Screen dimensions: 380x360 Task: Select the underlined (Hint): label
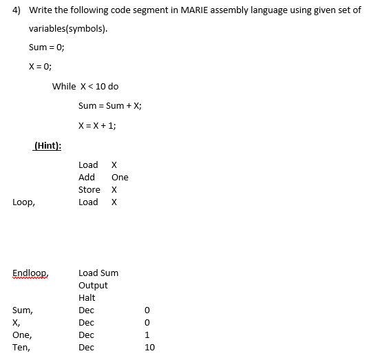(47, 146)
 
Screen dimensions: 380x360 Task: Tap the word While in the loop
(64, 87)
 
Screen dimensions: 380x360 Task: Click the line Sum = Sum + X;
(110, 106)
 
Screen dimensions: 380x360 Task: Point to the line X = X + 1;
(98, 125)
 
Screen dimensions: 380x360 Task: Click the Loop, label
(23, 202)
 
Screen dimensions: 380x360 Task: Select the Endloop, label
(30, 273)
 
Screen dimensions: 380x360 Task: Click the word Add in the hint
(87, 178)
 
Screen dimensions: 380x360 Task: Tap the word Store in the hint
(89, 190)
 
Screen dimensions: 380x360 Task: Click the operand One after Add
(120, 178)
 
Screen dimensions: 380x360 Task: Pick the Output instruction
(93, 286)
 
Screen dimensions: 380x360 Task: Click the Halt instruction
(87, 298)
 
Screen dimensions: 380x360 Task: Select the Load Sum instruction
(98, 273)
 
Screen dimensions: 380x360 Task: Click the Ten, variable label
(21, 348)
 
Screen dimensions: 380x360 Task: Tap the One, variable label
(22, 335)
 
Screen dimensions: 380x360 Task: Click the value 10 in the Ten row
(150, 348)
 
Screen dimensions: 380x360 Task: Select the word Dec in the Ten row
(87, 348)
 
